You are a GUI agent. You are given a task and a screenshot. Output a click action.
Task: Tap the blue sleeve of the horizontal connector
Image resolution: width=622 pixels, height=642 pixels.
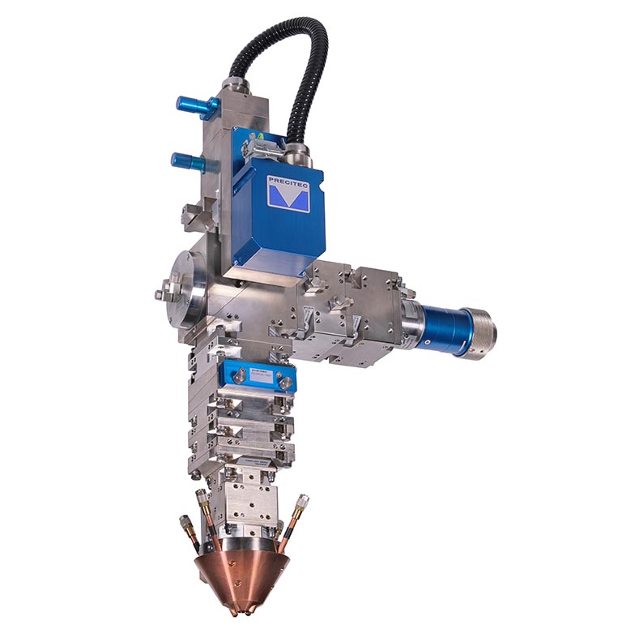[x=442, y=324]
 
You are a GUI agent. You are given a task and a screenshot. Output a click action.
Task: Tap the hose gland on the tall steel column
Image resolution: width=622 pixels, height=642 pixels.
[x=233, y=85]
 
